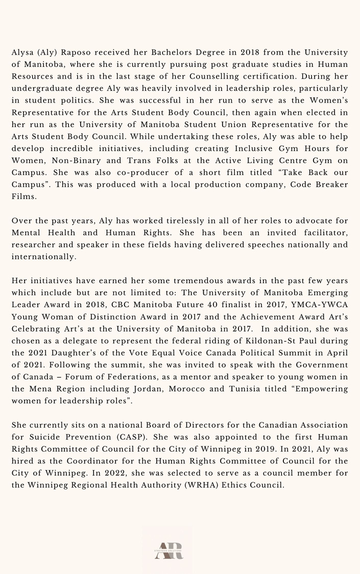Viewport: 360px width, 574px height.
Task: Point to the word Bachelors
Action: point(153,52)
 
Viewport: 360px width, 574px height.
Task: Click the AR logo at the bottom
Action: point(169,551)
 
